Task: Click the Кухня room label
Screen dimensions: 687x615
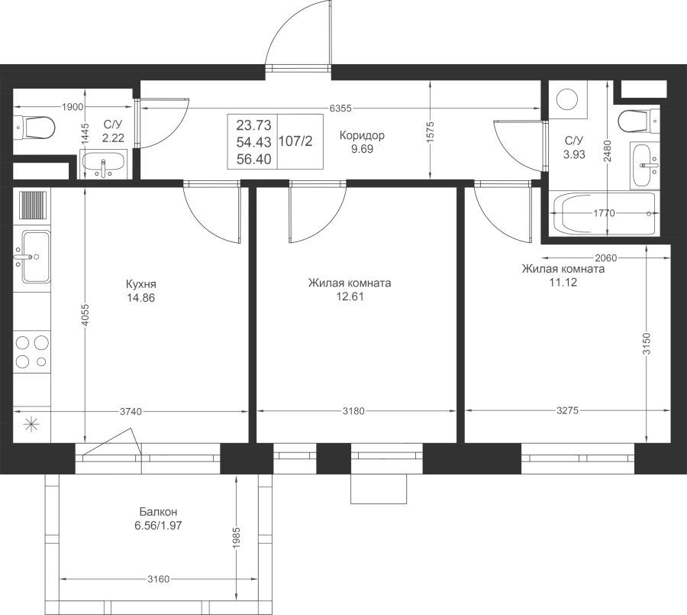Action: click(x=140, y=283)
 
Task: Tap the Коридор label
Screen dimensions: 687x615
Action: click(x=362, y=135)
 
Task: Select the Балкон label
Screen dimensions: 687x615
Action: click(x=158, y=512)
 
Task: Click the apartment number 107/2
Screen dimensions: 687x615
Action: click(x=295, y=141)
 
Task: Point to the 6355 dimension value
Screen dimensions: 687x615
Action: click(x=340, y=108)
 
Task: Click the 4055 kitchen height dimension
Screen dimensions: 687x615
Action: click(x=85, y=315)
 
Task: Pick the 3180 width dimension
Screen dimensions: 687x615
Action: click(x=353, y=411)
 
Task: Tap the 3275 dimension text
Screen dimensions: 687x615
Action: click(x=568, y=410)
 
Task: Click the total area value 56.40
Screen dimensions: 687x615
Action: click(x=254, y=159)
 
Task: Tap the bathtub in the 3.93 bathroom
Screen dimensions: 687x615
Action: click(x=605, y=214)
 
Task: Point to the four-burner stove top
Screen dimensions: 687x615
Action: click(x=32, y=351)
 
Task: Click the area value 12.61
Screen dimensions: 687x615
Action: click(x=350, y=296)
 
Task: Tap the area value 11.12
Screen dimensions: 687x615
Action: click(x=563, y=283)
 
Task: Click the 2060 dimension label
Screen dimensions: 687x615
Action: click(x=606, y=258)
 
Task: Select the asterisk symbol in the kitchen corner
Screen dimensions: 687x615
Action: click(x=31, y=424)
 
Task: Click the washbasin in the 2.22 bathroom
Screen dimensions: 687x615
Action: click(x=103, y=164)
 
